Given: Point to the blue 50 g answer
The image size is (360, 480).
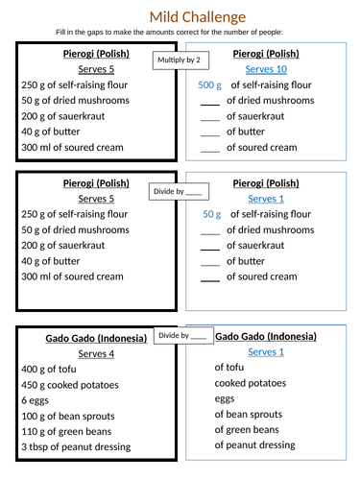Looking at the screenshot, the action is click(212, 214).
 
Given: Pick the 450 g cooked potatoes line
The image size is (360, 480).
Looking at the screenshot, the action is click(70, 385).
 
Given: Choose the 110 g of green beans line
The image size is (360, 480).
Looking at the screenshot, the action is click(66, 431).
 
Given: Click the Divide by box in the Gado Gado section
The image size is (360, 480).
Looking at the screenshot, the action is click(182, 336).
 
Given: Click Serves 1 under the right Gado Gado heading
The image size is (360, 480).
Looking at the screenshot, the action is click(266, 352).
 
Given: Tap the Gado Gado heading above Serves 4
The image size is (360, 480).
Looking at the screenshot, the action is click(98, 338).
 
